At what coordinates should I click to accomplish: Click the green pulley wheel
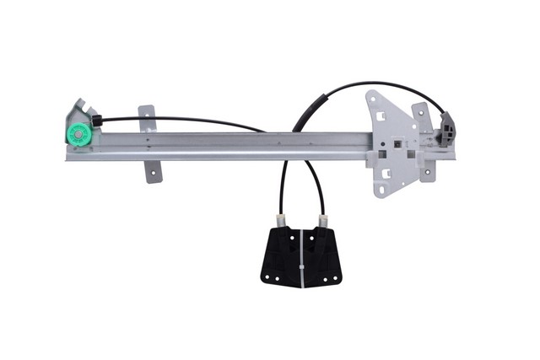tap(77, 133)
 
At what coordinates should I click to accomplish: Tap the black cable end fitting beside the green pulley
tap(97, 121)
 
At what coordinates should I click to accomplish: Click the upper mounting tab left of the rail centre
tap(147, 118)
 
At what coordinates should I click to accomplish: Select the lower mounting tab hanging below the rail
tap(153, 169)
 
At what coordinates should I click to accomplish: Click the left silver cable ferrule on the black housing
tap(281, 220)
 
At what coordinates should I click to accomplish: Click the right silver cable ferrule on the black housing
tap(321, 222)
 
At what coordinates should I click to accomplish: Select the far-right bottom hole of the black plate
tap(337, 279)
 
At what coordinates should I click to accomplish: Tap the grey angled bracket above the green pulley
tap(81, 109)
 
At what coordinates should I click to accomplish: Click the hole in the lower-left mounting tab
tap(153, 175)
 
